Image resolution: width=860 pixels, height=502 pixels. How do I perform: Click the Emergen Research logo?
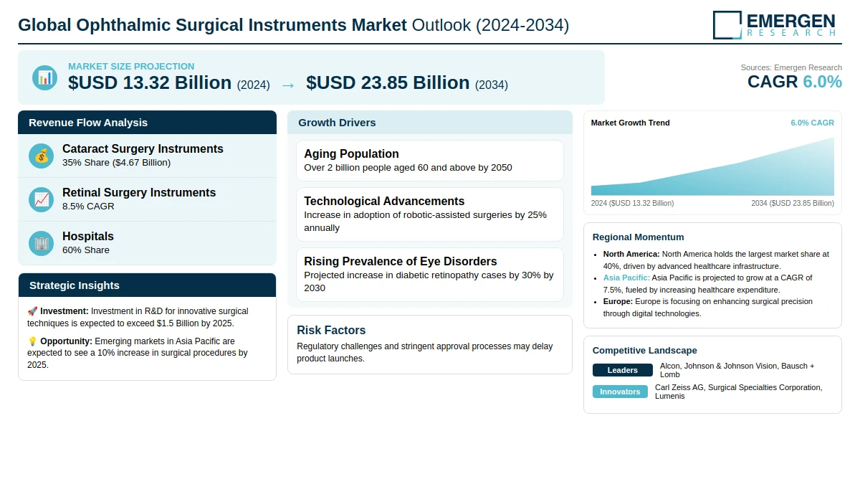pyautogui.click(x=774, y=24)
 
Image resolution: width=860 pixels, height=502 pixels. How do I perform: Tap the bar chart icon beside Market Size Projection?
pyautogui.click(x=45, y=77)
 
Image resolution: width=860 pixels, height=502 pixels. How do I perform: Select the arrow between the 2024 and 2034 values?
pyautogui.click(x=288, y=85)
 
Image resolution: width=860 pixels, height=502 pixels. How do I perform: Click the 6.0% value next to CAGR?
pyautogui.click(x=823, y=82)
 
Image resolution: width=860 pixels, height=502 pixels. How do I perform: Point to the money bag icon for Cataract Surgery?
pyautogui.click(x=41, y=156)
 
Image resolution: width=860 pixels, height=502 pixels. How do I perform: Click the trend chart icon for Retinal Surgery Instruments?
pyautogui.click(x=41, y=199)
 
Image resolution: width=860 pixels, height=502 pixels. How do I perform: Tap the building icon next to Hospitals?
pyautogui.click(x=41, y=243)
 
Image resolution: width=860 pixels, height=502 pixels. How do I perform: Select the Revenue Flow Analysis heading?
pyautogui.click(x=88, y=123)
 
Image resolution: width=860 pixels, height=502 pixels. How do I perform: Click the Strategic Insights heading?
pyautogui.click(x=74, y=285)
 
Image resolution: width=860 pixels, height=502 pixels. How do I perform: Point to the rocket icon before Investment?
pyautogui.click(x=32, y=311)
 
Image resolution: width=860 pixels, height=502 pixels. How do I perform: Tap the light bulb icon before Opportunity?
pyautogui.click(x=32, y=341)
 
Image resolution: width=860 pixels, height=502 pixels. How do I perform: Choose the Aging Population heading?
pyautogui.click(x=351, y=153)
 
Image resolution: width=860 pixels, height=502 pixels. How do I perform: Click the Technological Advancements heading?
pyautogui.click(x=384, y=201)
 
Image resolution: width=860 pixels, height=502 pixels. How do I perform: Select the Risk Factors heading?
pyautogui.click(x=331, y=330)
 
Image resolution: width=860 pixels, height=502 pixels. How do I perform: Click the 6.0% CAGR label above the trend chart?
pyautogui.click(x=812, y=123)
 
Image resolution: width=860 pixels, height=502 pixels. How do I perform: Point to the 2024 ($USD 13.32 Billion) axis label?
pyautogui.click(x=632, y=203)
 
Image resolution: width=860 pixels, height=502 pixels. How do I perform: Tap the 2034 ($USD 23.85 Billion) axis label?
pyautogui.click(x=793, y=203)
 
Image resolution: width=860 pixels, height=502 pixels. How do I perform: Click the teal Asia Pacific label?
pyautogui.click(x=626, y=278)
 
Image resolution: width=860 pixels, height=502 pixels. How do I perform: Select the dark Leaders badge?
pyautogui.click(x=622, y=370)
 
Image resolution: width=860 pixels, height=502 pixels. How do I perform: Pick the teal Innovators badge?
pyautogui.click(x=620, y=392)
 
